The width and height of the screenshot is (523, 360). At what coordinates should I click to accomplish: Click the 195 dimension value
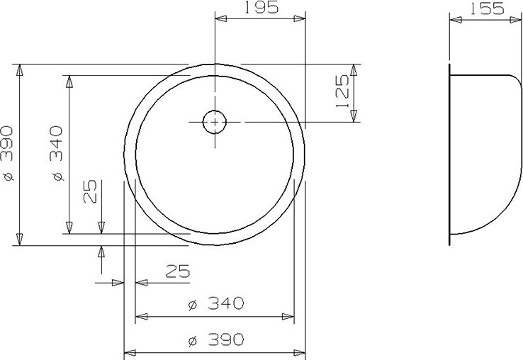[261, 7]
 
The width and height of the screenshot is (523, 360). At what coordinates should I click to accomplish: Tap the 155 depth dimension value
[487, 9]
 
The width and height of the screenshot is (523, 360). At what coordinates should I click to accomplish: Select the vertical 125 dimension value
[342, 91]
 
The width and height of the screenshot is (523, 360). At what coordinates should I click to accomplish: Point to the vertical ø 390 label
[8, 153]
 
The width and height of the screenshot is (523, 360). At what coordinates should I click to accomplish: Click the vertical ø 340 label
[57, 153]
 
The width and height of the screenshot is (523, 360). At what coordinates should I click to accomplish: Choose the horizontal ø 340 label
[216, 303]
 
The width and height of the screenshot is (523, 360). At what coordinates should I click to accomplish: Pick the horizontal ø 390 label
[216, 339]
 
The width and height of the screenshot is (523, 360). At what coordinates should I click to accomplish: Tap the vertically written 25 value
[90, 191]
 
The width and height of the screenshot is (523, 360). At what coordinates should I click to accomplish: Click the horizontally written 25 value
[178, 271]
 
